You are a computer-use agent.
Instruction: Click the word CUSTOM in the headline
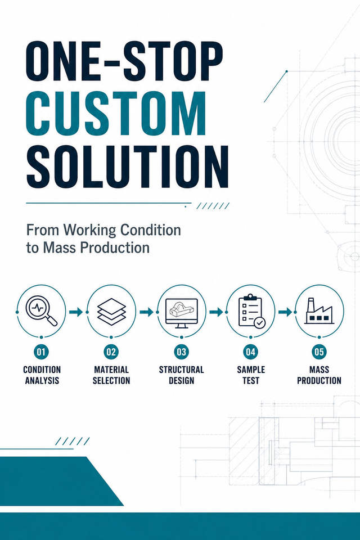click(x=116, y=114)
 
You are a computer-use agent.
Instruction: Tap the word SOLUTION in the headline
click(x=128, y=166)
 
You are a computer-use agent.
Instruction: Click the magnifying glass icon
click(x=41, y=311)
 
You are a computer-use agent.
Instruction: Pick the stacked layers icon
click(x=111, y=312)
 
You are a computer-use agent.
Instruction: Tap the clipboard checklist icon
click(x=251, y=311)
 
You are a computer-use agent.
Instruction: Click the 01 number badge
click(x=41, y=352)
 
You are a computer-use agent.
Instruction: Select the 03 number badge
click(x=181, y=352)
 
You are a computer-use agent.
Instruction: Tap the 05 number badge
click(x=319, y=352)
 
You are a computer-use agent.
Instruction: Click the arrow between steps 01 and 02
click(x=76, y=312)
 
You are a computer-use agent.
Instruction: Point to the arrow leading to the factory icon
click(x=285, y=312)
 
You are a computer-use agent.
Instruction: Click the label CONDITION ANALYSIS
click(x=42, y=375)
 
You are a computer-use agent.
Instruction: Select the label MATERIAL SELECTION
click(x=111, y=375)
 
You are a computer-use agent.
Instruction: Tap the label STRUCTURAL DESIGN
click(x=181, y=375)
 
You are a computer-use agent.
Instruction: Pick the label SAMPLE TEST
click(x=251, y=375)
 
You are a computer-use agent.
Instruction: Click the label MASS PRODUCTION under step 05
click(x=319, y=375)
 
